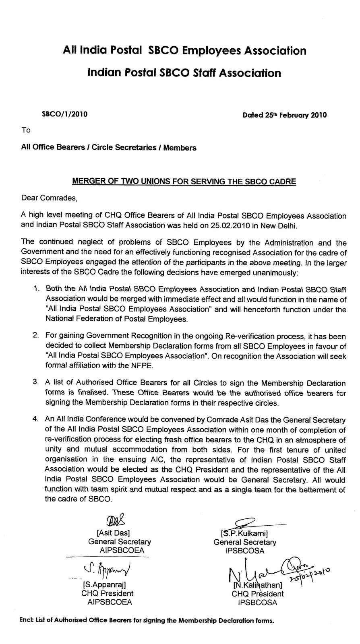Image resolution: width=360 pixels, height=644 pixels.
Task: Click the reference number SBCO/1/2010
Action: [65, 114]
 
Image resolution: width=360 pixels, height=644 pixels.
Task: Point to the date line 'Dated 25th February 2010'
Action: [285, 115]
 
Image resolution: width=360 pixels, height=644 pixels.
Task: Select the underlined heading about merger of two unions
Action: [184, 181]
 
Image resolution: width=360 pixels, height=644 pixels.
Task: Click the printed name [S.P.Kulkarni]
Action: [244, 534]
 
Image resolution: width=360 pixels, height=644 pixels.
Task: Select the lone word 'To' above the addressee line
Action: [26, 130]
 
